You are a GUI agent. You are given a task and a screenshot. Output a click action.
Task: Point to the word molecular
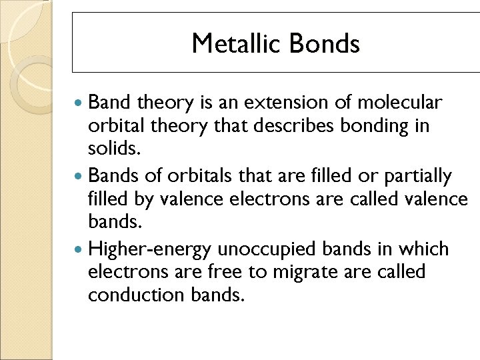(399, 103)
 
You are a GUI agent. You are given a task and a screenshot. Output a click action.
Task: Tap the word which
(423, 249)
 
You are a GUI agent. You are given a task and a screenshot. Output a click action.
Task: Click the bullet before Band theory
(79, 104)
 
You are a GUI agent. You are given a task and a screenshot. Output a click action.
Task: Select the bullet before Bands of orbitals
(79, 177)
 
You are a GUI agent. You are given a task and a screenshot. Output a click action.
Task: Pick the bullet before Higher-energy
(79, 250)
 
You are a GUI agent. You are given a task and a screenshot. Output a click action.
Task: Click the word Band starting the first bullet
(109, 103)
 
